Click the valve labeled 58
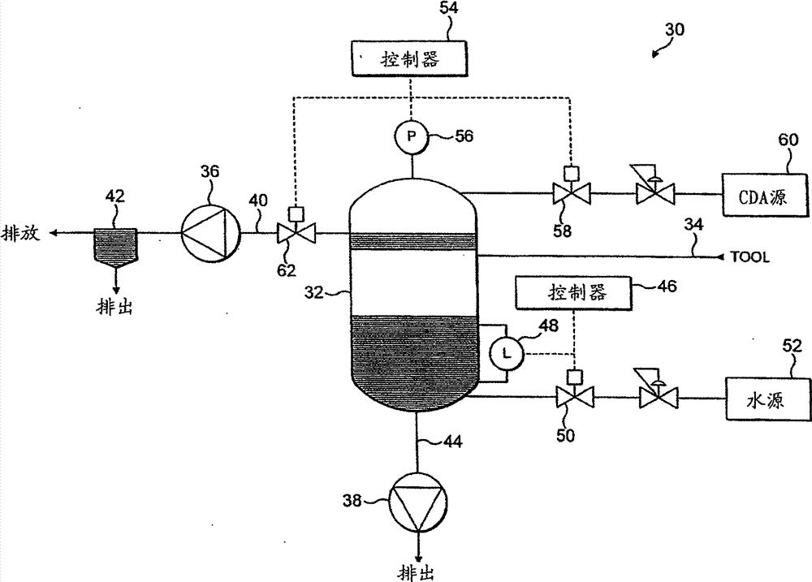[571, 196]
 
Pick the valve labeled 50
[574, 398]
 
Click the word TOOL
[751, 257]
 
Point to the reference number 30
[674, 28]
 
